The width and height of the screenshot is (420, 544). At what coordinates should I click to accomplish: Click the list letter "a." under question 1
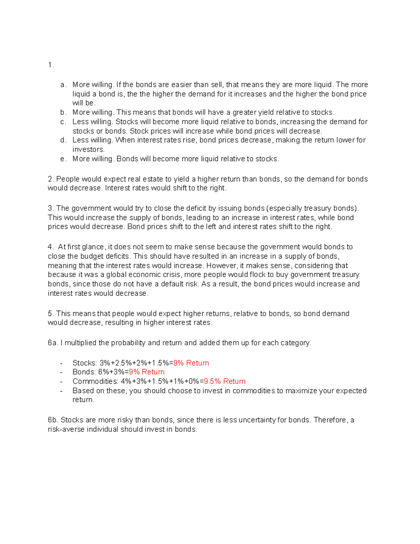click(x=63, y=85)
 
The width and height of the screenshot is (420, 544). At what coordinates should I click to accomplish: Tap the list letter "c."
click(x=63, y=122)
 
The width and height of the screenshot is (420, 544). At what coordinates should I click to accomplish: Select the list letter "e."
click(x=63, y=159)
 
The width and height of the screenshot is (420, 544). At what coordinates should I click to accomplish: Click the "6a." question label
click(x=53, y=343)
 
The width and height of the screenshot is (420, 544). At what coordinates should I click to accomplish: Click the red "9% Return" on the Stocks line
click(x=191, y=363)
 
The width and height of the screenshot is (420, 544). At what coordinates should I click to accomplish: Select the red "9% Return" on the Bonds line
click(x=147, y=372)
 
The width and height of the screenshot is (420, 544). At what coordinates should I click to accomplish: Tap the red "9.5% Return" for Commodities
click(x=225, y=381)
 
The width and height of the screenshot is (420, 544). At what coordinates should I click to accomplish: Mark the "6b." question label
click(x=53, y=420)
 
